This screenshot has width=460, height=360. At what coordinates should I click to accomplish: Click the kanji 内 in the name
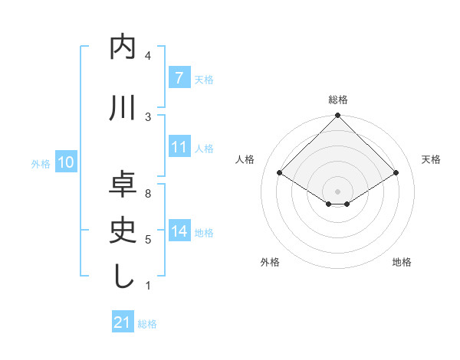pos(123,47)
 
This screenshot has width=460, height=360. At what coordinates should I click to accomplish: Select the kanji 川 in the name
pos(123,108)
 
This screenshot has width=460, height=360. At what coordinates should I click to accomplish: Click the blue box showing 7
pos(179,78)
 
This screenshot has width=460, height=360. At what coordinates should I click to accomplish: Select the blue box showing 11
pos(179,147)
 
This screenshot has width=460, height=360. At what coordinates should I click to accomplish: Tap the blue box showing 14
pos(179,231)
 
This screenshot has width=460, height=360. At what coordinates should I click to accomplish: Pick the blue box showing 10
pos(66,162)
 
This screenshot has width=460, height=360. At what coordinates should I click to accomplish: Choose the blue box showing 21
pos(123,322)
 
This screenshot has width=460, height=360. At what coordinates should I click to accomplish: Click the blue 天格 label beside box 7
pos(204,79)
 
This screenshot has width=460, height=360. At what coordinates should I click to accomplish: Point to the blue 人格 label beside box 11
pos(204,148)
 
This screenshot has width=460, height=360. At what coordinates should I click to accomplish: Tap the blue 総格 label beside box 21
pos(147,323)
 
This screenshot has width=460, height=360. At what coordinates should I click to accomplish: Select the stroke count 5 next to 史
pos(148,239)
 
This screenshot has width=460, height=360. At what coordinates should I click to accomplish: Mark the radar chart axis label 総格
pos(337,100)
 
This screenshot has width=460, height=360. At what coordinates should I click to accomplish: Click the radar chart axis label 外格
pos(270,262)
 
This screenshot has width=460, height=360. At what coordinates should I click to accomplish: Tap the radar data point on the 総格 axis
pos(337,116)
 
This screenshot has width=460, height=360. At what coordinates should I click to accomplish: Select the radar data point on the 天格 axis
pos(396,173)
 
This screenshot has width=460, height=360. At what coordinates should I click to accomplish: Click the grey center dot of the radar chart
pos(337,190)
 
